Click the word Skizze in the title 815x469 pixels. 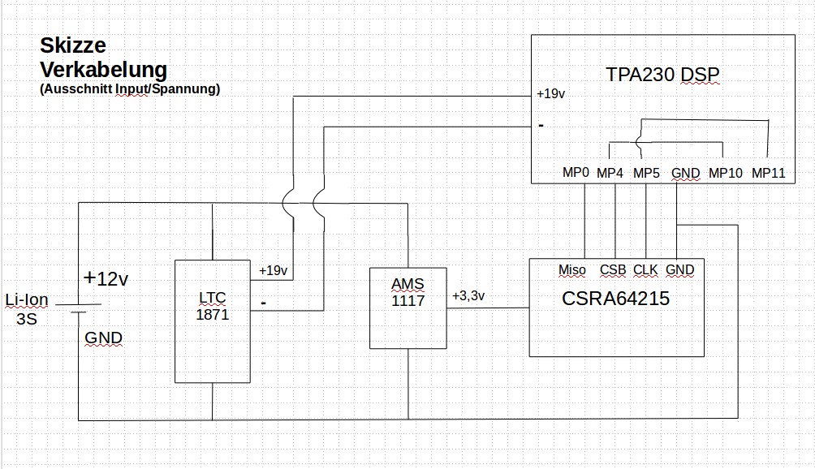pos(73,46)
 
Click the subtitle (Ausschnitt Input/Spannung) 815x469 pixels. pos(129,89)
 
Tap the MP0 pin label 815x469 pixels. pos(576,173)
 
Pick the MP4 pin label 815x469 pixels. pos(610,173)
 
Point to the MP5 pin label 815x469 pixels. pos(646,173)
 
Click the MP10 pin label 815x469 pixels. pos(725,173)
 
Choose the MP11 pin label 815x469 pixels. pos(768,173)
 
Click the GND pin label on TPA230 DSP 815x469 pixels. pos(686,173)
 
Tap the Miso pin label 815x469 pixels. pos(572,269)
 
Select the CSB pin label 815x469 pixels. pos(613,269)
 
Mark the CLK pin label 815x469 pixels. pos(645,269)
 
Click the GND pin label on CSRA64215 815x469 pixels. pos(679,269)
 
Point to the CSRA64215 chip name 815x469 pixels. pos(615,299)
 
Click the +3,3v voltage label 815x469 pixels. pos(468,295)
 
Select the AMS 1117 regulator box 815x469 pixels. pos(407,308)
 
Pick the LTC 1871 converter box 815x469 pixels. pos(212,321)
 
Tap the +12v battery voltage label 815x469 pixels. pos(106,279)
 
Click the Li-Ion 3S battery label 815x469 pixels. pos(27,309)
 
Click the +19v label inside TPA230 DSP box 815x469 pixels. pos(550,94)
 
